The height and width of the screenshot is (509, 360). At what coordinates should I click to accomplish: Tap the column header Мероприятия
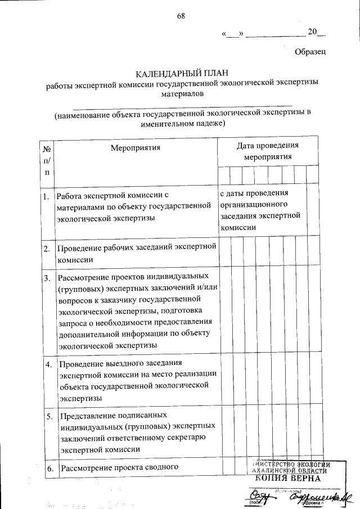136,148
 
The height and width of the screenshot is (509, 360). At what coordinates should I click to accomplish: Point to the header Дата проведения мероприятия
267,151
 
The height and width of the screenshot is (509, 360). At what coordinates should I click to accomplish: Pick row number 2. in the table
46,247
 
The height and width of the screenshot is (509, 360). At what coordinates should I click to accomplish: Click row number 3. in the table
46,278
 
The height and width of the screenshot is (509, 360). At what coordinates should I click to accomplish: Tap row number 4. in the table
49,364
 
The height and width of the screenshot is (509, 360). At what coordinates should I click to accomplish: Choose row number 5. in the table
49,417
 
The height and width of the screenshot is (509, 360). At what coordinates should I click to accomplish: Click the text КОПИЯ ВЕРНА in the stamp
287,478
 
